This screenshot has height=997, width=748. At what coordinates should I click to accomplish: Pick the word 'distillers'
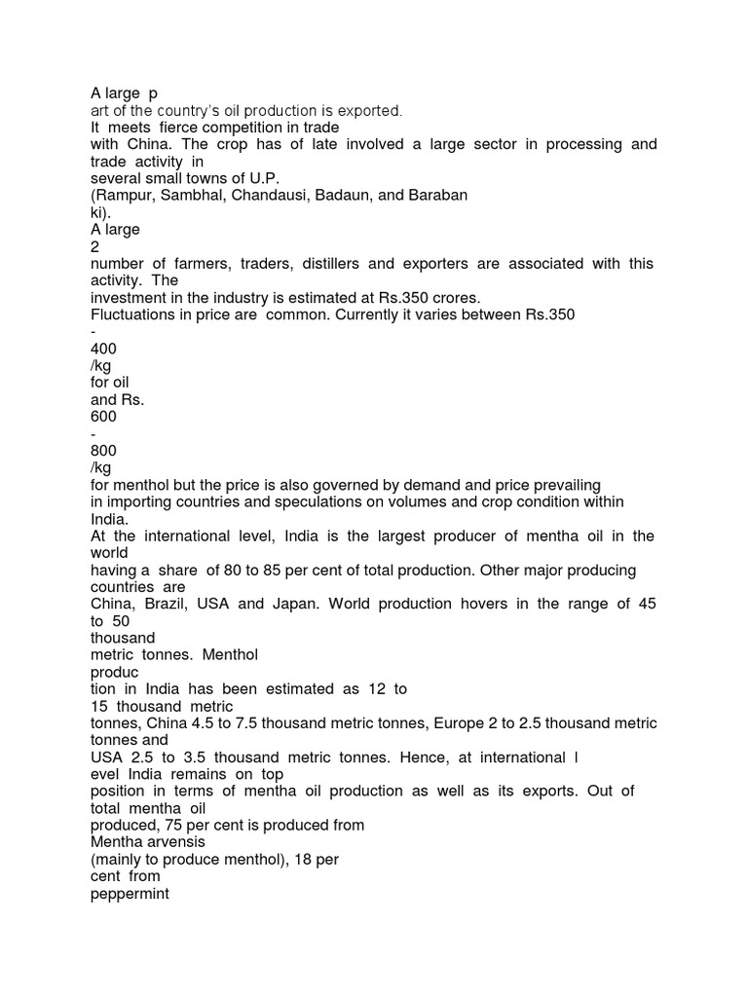pos(325,264)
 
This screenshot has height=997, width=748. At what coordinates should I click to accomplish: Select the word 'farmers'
pos(203,264)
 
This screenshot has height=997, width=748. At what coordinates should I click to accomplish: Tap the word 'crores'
pos(455,298)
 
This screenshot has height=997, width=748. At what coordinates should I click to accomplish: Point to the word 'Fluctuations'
pos(131,314)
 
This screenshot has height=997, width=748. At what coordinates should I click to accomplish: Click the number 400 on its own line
pos(102,349)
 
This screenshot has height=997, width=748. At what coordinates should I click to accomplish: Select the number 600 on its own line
pos(102,417)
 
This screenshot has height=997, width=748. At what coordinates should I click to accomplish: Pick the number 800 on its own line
pos(102,451)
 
